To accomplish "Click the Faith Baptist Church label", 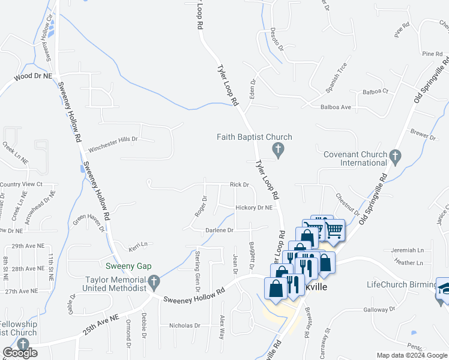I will pos(255,137).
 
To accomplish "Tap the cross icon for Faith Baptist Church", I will pos(277,148).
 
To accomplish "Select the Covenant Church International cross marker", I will pos(395,157).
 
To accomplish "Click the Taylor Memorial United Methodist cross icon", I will pos(154,281).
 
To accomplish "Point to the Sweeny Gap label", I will pos(128,266).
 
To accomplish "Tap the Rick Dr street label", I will pos(239,185).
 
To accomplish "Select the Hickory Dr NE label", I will pos(254,208).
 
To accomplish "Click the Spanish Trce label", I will pos(336,77).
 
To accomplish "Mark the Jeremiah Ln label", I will pos(406,250).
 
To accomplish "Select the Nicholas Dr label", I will pos(185,325).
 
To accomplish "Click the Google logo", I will pos(20,353).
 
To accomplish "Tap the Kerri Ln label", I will pos(137,245).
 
